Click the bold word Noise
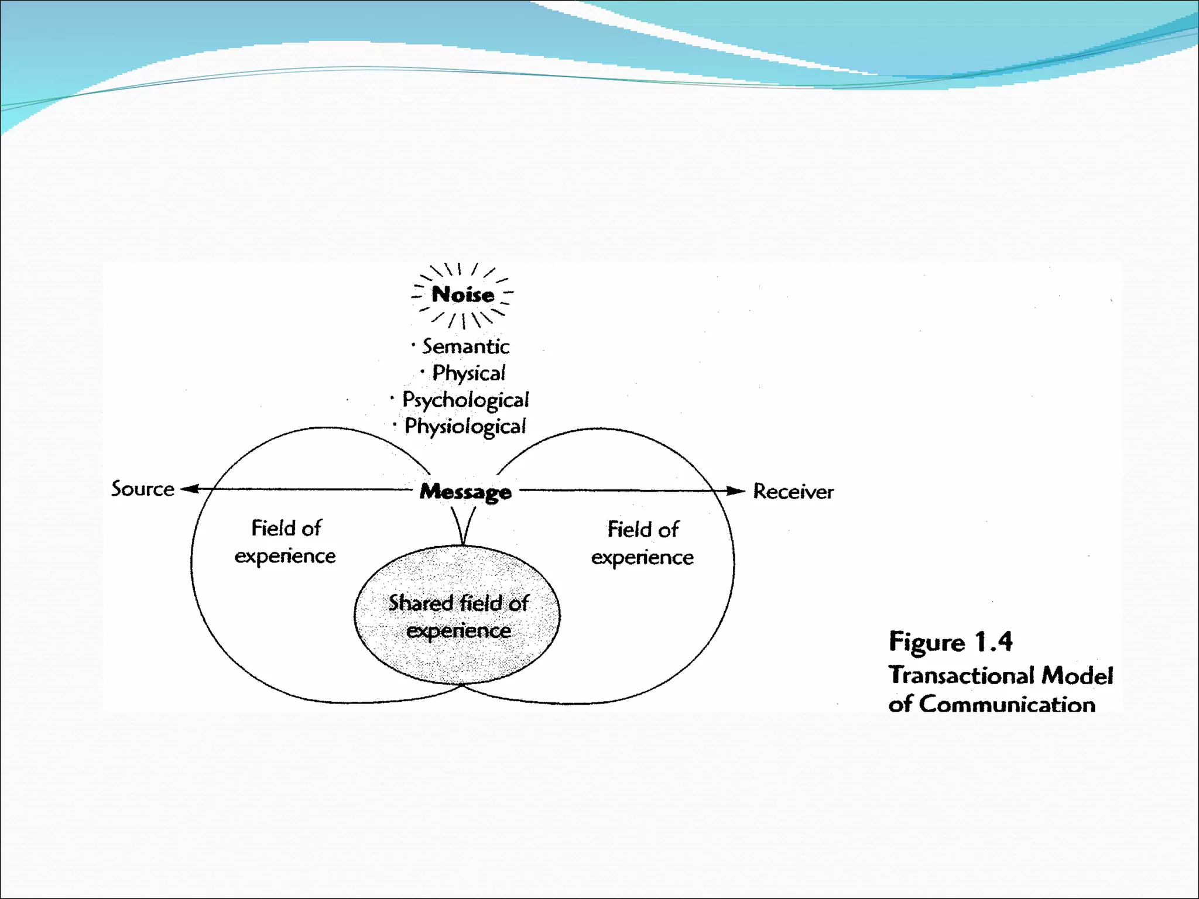tap(463, 294)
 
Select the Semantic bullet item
tap(465, 346)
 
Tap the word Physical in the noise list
tap(468, 373)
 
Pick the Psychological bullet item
tap(465, 400)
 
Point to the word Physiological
tap(465, 426)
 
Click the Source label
tap(143, 489)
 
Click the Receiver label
tap(793, 491)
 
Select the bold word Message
tap(465, 492)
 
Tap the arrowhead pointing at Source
tap(189, 489)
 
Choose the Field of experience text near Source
tap(286, 541)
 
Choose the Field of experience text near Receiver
tap(642, 543)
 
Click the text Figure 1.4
tap(950, 642)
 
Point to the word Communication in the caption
tap(1006, 704)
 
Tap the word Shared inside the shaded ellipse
tap(420, 603)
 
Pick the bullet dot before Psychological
tap(392, 398)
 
